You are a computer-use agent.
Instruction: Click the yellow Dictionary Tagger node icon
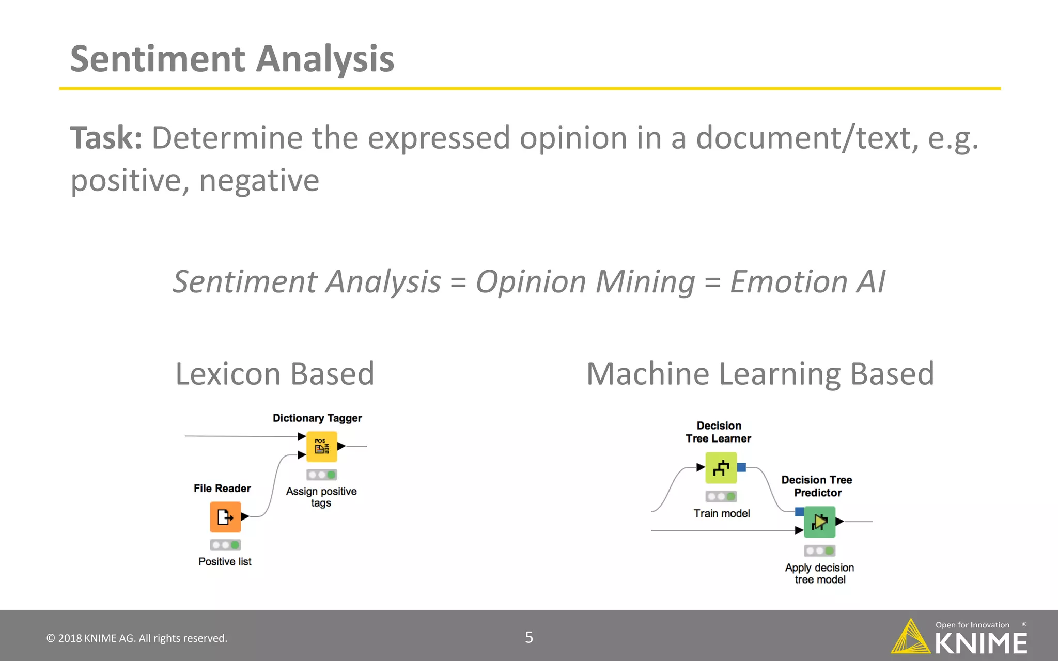pyautogui.click(x=322, y=447)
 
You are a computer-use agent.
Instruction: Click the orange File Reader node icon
pyautogui.click(x=225, y=516)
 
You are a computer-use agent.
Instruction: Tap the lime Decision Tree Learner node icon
pyautogui.click(x=721, y=468)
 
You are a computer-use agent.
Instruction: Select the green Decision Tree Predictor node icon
pyautogui.click(x=819, y=522)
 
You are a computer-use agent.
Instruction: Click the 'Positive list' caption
pyautogui.click(x=225, y=561)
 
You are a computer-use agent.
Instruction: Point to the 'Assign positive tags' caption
pyautogui.click(x=321, y=497)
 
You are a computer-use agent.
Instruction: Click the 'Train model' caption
pyautogui.click(x=721, y=513)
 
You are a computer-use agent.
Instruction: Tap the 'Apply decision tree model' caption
pyautogui.click(x=819, y=573)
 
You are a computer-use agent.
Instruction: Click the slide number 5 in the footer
pyautogui.click(x=529, y=637)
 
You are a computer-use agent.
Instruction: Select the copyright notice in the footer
pyautogui.click(x=137, y=638)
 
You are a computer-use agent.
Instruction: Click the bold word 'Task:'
pyautogui.click(x=106, y=138)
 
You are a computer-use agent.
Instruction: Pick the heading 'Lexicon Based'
pyautogui.click(x=274, y=373)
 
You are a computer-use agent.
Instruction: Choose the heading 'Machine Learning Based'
pyautogui.click(x=760, y=373)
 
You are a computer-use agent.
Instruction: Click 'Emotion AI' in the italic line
pyautogui.click(x=807, y=282)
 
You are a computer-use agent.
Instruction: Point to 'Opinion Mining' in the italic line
pyautogui.click(x=585, y=282)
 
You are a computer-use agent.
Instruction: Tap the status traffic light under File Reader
pyautogui.click(x=225, y=545)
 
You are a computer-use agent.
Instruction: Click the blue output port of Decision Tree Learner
pyautogui.click(x=741, y=467)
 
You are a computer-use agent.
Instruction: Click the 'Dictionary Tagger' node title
pyautogui.click(x=317, y=418)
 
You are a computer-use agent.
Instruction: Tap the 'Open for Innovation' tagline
pyautogui.click(x=972, y=625)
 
